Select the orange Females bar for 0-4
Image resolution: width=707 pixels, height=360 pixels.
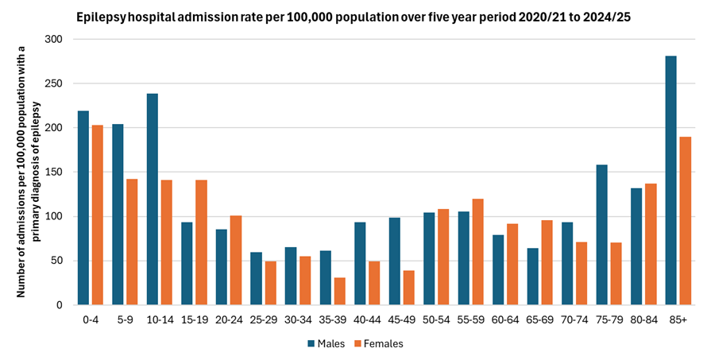click(97, 215)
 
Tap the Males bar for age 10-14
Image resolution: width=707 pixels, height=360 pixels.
click(153, 199)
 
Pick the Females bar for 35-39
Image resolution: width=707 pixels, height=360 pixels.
click(340, 291)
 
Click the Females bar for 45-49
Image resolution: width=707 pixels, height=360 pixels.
click(409, 288)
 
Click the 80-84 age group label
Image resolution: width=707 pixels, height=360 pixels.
click(643, 319)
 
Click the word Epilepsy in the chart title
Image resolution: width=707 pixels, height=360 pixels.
click(99, 16)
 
